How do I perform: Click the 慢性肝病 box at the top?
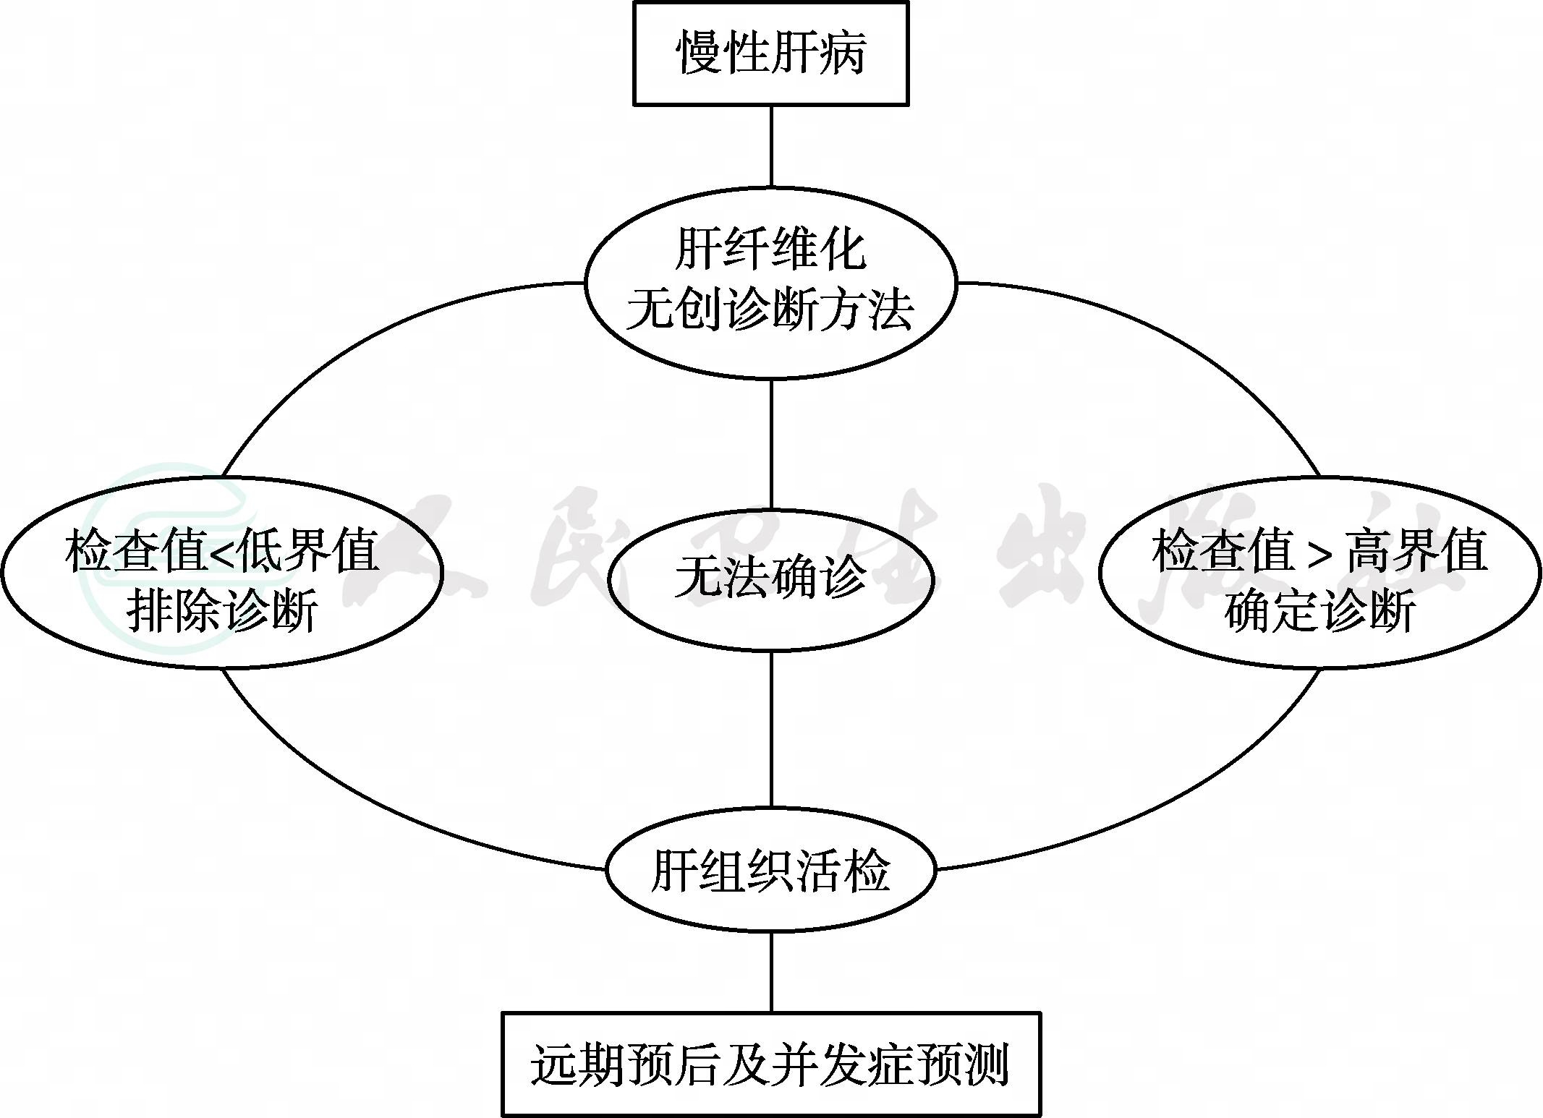(770, 54)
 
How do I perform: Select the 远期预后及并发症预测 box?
(770, 1063)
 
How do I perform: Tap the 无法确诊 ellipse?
(770, 579)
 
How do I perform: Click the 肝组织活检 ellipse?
(770, 870)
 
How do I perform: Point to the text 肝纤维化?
(770, 249)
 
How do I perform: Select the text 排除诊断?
(222, 612)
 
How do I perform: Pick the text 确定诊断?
(1320, 612)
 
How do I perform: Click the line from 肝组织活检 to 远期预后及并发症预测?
(770, 972)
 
